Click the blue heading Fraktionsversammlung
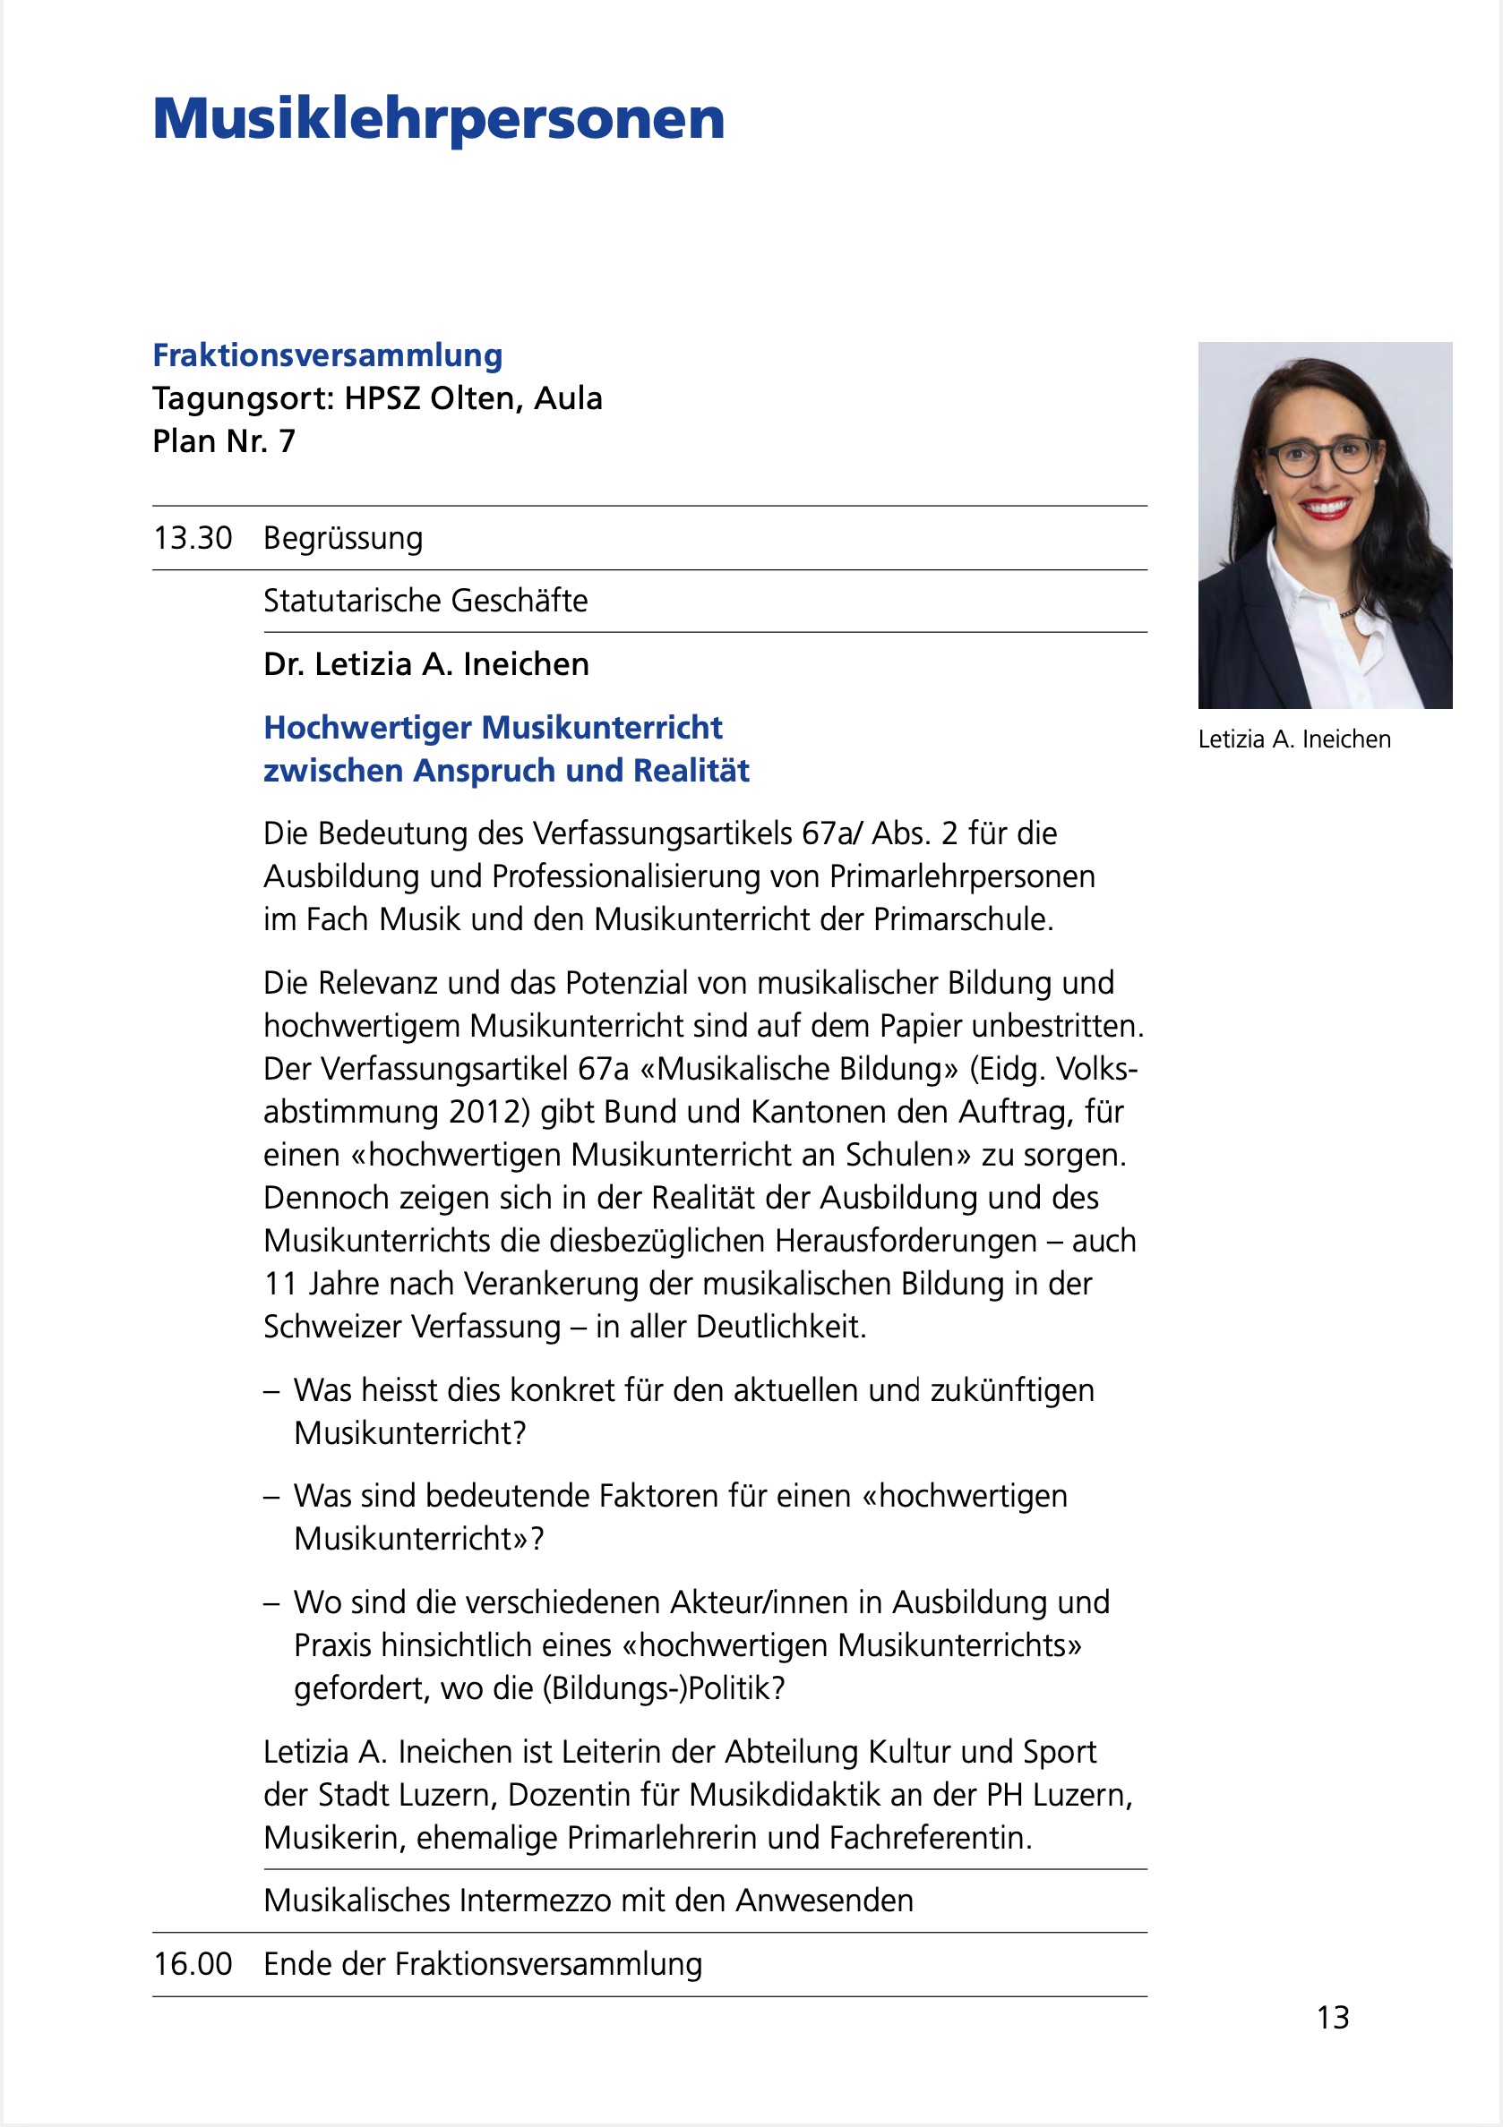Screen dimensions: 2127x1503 [327, 354]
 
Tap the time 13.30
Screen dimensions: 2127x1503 [193, 538]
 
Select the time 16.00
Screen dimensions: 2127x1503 [193, 1964]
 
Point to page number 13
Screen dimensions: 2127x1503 [1333, 2018]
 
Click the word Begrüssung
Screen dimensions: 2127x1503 [343, 538]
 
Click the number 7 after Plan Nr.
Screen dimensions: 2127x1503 [288, 442]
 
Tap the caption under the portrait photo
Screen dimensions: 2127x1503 [1293, 739]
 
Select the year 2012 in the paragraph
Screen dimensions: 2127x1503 [489, 1112]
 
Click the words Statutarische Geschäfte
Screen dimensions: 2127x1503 [425, 602]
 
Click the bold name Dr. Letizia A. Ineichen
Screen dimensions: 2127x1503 [426, 664]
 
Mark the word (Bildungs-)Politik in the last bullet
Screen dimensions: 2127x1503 [663, 1687]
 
